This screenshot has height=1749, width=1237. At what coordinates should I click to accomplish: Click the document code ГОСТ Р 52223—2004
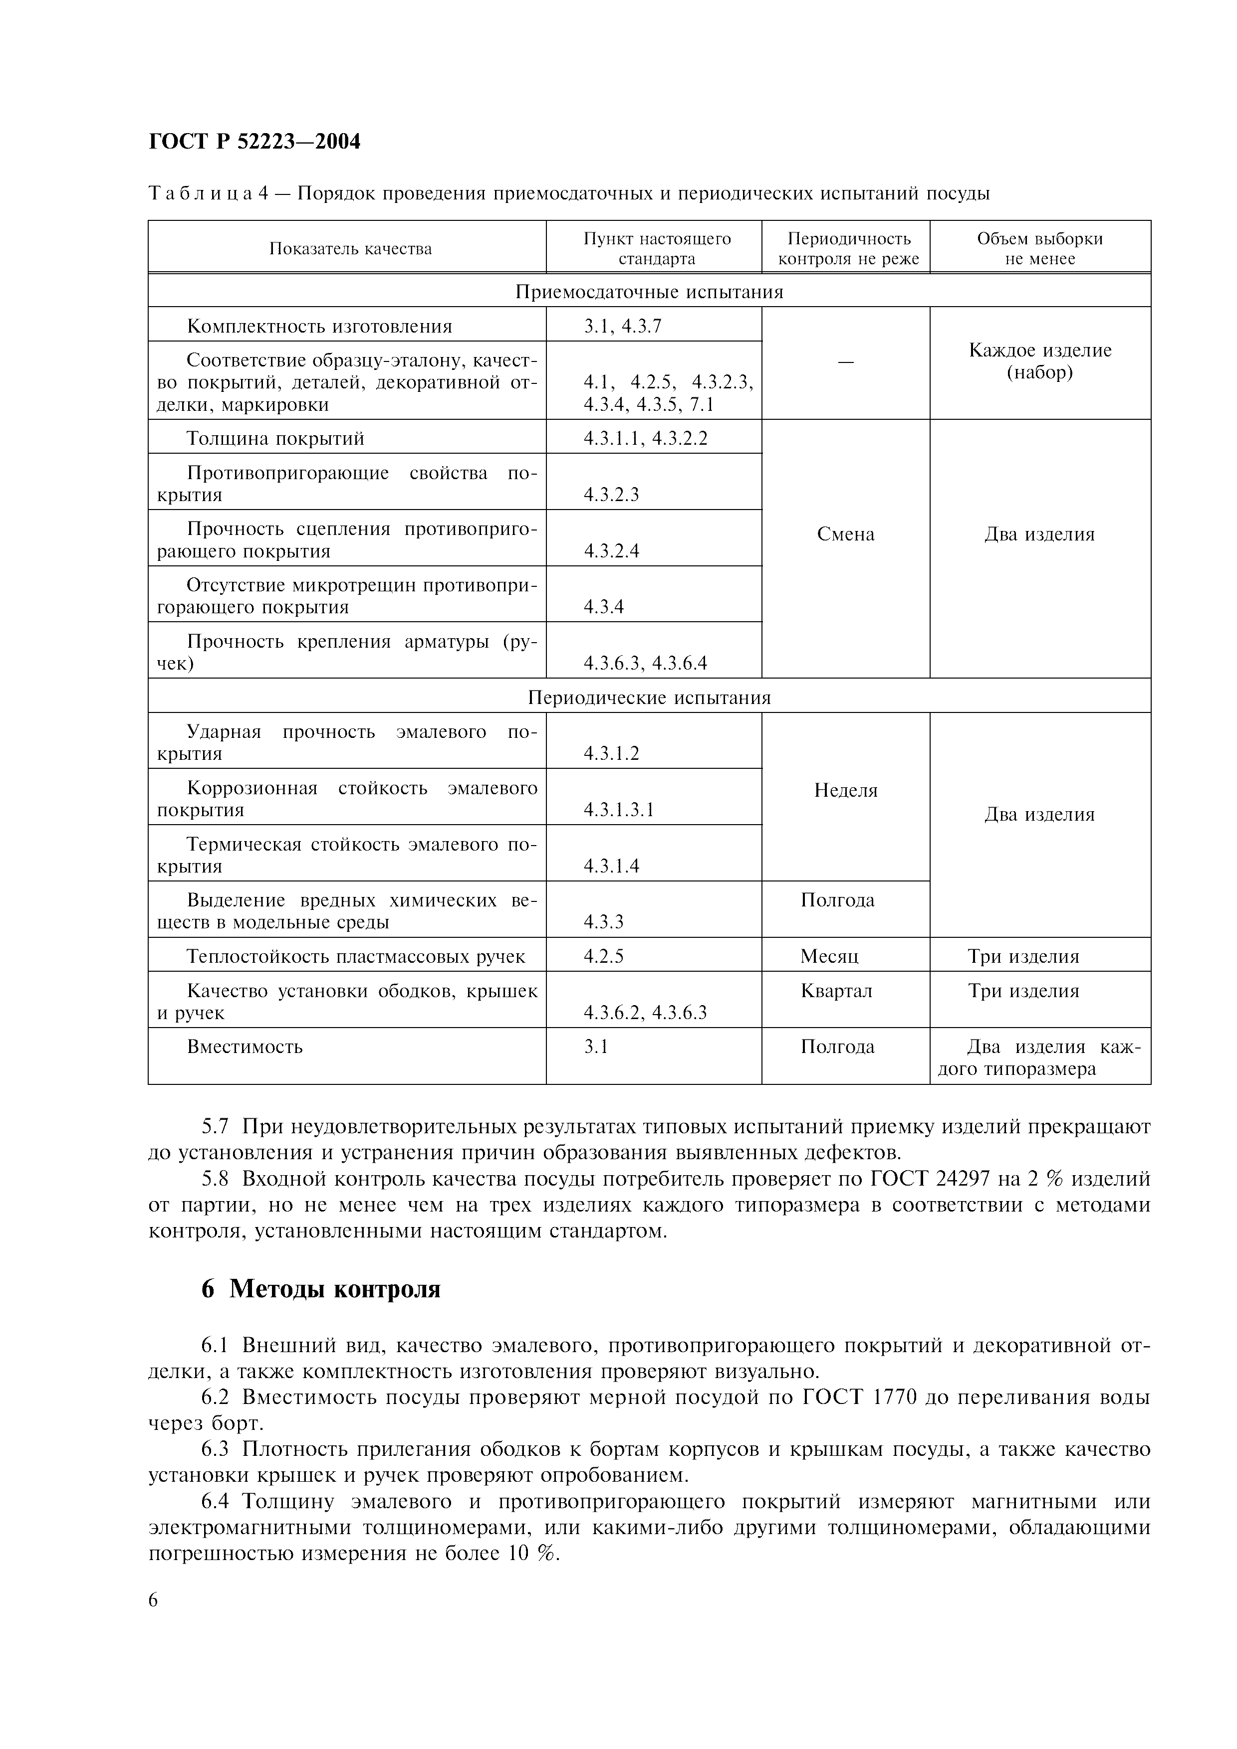pos(254,142)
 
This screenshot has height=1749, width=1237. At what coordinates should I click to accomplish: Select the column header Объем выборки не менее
pos(1039,248)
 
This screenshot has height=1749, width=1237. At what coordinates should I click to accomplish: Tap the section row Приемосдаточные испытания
pos(649,292)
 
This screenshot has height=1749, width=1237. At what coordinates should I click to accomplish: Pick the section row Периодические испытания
pos(649,698)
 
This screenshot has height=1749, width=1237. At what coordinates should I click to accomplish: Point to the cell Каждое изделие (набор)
pos(1039,361)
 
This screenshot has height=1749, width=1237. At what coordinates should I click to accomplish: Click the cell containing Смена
pos(845,534)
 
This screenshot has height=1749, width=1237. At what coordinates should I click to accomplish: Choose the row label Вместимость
pos(245,1047)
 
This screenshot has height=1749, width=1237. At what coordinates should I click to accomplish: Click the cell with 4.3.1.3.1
pos(619,810)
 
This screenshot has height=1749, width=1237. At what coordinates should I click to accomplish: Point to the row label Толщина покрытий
pos(275,438)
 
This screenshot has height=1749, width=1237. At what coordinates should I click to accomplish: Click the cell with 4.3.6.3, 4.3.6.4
pos(645,663)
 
